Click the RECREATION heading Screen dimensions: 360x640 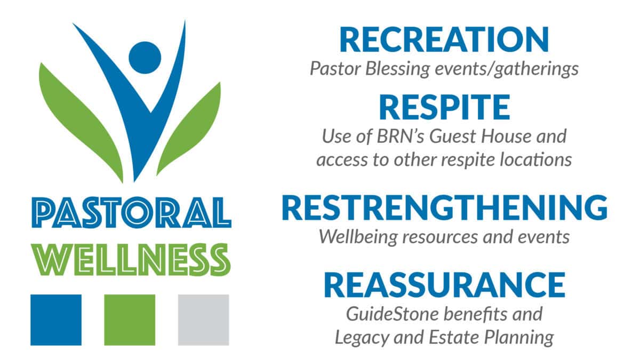444,40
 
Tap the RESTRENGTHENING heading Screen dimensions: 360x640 444,208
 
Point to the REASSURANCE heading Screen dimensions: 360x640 444,285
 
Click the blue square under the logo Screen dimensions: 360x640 56,319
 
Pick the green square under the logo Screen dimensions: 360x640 130,319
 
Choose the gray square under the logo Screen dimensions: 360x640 203,319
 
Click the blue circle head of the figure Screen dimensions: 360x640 145,57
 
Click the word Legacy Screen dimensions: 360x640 360,337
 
